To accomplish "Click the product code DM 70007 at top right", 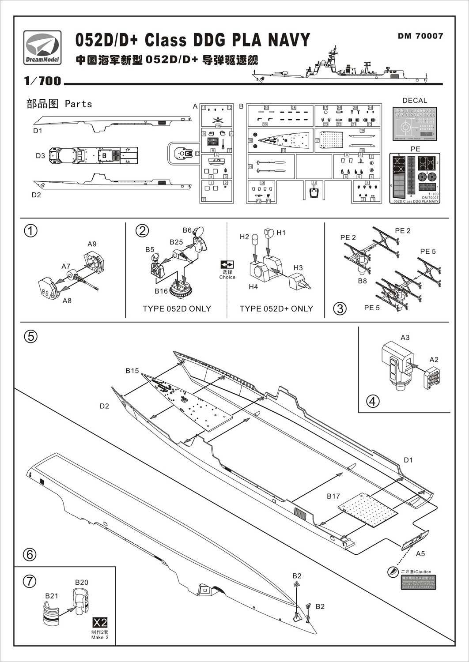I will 420,36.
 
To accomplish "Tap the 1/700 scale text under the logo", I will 42,81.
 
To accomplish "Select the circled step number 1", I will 30,231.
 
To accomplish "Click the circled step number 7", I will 30,581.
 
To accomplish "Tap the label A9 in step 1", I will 92,244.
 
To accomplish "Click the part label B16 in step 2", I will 161,291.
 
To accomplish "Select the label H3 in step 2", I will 298,268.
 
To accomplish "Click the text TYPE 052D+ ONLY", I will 276,309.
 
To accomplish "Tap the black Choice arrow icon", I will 227,265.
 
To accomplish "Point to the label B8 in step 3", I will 362,281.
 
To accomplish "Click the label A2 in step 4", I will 434,360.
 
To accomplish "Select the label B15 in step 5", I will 132,371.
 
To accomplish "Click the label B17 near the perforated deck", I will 333,496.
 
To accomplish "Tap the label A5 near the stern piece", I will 420,553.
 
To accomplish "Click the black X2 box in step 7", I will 100,622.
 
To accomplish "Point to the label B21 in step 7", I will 51,596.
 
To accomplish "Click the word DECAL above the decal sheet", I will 415,101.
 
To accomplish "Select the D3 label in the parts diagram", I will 40,156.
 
